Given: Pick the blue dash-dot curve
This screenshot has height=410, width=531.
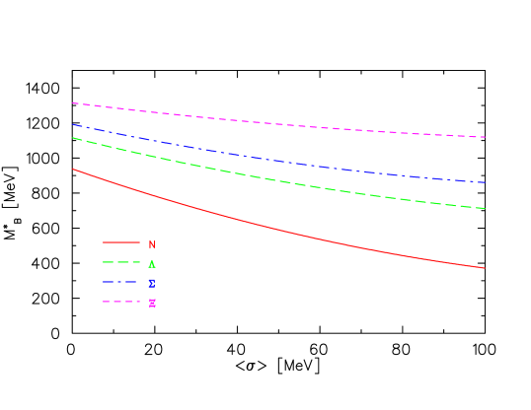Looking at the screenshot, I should pos(276,161).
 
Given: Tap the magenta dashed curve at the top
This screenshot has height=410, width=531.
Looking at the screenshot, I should pos(276,124).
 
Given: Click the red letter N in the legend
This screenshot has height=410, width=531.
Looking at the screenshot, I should pos(152,244).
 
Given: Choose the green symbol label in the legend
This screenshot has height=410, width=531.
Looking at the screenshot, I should pos(152,263).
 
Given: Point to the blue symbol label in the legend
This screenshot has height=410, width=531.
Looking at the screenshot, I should pos(152,283).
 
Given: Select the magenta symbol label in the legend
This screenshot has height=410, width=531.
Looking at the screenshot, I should pos(152,303).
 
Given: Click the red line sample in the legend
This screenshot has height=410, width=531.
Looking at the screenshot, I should pos(120,242).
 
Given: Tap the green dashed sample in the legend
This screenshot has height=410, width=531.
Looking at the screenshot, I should pos(120,262).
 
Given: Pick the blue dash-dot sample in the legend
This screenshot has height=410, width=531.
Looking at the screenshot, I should pos(120,282).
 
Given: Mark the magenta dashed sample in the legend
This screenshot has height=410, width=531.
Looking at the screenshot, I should pos(120,302).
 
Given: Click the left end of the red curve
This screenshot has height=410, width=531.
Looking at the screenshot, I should pos(73,170).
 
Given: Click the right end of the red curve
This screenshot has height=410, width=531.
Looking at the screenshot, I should pos(485,268).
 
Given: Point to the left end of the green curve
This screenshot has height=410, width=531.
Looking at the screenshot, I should pos(73,138).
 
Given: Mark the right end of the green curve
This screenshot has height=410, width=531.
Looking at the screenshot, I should pos(485,208).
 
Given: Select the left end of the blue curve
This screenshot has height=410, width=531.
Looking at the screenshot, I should pos(73,125).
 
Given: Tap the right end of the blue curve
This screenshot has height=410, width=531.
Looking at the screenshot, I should pos(485,182).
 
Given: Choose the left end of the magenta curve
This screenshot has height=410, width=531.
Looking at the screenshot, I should pos(73,102).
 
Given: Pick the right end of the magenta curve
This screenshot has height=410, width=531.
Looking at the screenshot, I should pos(485,137).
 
